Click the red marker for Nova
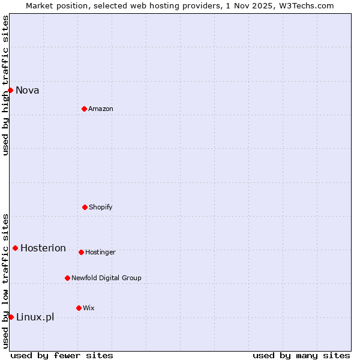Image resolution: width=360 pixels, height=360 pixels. click(10, 90)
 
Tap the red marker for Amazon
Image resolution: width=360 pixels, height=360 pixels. click(84, 109)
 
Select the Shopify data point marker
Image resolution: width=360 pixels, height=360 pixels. click(85, 207)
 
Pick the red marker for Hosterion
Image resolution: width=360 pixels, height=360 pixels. click(15, 248)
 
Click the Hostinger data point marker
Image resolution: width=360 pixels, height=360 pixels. click(81, 252)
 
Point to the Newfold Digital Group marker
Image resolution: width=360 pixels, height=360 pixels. click(67, 278)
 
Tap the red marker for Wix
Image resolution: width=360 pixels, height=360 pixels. click(79, 308)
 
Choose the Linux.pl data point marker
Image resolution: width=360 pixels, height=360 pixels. click(11, 317)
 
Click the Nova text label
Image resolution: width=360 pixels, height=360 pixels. click(28, 91)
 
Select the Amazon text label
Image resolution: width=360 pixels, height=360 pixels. click(101, 109)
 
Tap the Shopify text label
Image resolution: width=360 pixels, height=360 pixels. click(101, 208)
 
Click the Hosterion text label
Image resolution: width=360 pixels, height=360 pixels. click(43, 248)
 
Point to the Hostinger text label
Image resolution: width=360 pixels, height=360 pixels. click(100, 253)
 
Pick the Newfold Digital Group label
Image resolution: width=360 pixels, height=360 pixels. click(106, 278)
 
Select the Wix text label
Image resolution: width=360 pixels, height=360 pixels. click(89, 308)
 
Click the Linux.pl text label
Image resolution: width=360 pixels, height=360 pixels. click(35, 317)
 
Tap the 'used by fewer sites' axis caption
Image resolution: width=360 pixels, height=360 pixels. click(62, 355)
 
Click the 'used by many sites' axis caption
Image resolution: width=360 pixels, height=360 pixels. click(301, 355)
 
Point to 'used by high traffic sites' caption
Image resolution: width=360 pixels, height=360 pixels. click(5, 85)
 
